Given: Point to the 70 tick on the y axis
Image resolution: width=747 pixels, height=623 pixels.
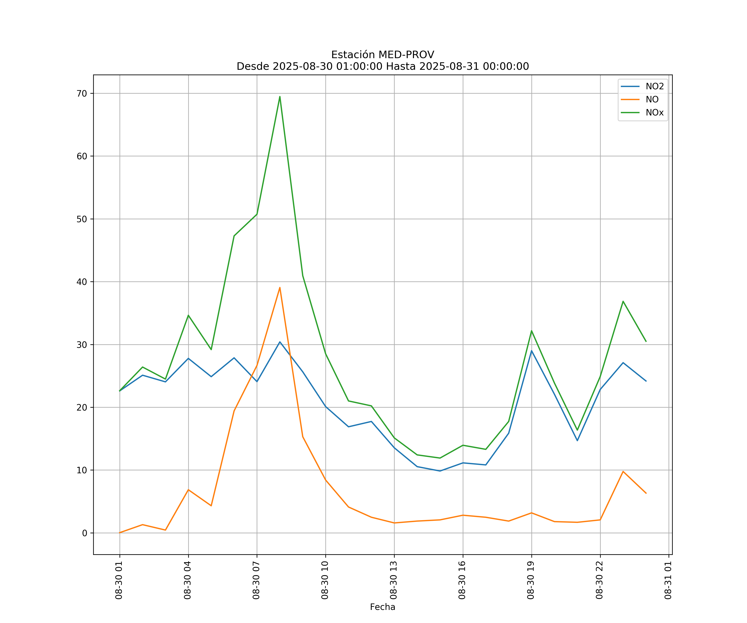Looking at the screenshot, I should pos(82,94).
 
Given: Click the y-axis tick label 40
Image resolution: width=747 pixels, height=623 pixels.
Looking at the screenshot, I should pos(82,282).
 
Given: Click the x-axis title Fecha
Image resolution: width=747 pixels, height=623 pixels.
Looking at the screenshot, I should pos(382,607).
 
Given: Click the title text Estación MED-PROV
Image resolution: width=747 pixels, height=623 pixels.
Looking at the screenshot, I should pos(382,55).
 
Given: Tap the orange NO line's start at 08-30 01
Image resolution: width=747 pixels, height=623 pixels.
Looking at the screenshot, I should pos(120,533).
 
